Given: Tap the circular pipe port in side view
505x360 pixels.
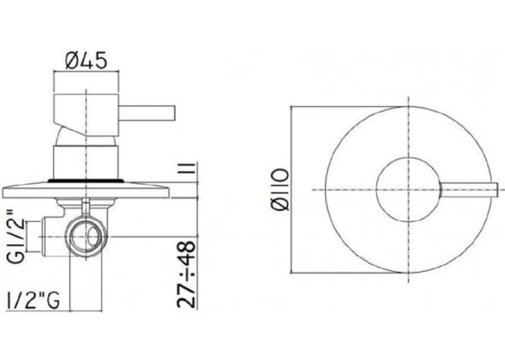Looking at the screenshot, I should (x=88, y=235).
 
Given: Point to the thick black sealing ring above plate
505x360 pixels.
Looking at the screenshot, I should (x=88, y=179).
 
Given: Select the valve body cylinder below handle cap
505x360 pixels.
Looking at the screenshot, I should (x=88, y=161).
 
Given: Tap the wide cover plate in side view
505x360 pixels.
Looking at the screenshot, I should (x=88, y=190).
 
